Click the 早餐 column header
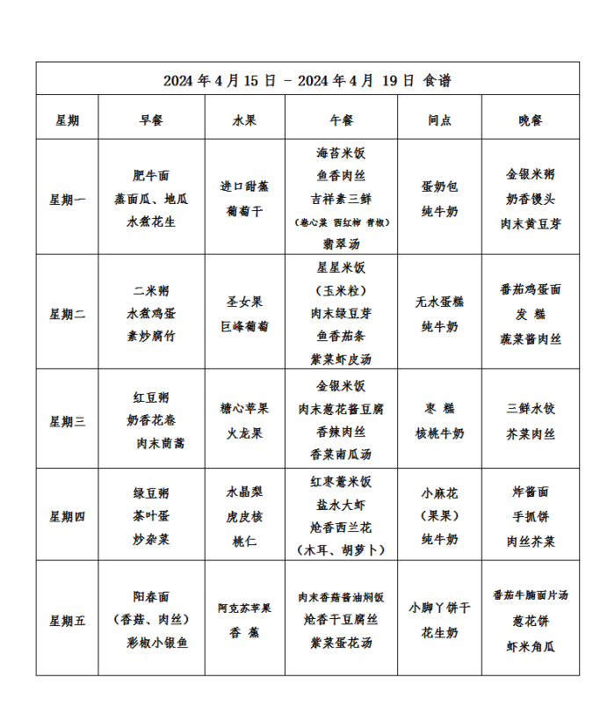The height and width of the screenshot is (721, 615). pyautogui.click(x=151, y=120)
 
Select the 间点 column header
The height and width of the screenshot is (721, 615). pyautogui.click(x=439, y=120)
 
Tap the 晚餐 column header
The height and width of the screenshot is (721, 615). pyautogui.click(x=531, y=120)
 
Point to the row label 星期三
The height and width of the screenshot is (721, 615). pyautogui.click(x=67, y=421)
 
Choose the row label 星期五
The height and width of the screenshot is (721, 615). pyautogui.click(x=67, y=621)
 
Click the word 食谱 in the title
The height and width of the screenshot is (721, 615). pyautogui.click(x=438, y=80)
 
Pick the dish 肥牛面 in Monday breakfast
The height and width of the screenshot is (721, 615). pyautogui.click(x=151, y=176)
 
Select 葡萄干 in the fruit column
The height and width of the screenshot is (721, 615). pyautogui.click(x=244, y=211)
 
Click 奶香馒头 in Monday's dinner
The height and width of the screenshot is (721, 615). pyautogui.click(x=531, y=200)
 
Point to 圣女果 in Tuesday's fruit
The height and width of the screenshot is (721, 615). pyautogui.click(x=244, y=302)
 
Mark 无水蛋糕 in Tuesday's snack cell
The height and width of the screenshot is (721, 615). pyautogui.click(x=439, y=302)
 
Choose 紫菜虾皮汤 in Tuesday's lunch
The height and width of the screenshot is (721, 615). pyautogui.click(x=342, y=359)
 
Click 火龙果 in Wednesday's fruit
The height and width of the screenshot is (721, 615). pyautogui.click(x=244, y=433)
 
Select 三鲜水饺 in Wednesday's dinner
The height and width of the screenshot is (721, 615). pyautogui.click(x=531, y=409)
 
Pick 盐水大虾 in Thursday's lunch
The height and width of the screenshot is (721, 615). pyautogui.click(x=342, y=505)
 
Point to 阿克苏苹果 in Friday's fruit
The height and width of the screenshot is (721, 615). pyautogui.click(x=244, y=608)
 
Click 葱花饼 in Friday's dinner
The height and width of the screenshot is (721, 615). pyautogui.click(x=531, y=621)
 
